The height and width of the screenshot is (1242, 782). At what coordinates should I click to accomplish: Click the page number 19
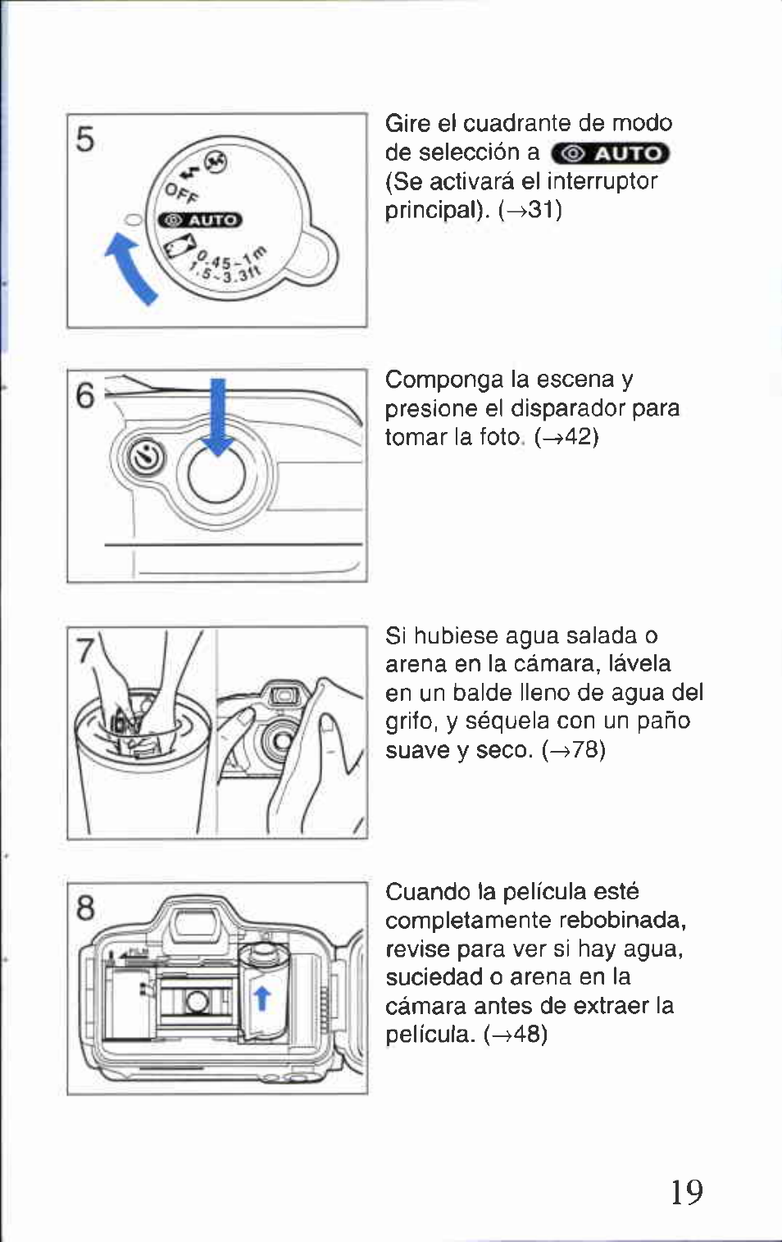click(687, 1191)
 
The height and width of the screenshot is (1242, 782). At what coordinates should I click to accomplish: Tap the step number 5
click(84, 139)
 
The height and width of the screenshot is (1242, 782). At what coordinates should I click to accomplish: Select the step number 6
click(84, 396)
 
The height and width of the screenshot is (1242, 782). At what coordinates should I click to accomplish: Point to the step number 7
click(84, 649)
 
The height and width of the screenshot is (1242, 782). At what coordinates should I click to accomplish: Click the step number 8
click(84, 908)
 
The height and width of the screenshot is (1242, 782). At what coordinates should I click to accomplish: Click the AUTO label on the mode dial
click(200, 221)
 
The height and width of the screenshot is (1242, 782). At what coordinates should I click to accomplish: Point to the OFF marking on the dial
click(181, 193)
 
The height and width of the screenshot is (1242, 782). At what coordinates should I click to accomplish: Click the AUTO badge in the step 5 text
click(610, 153)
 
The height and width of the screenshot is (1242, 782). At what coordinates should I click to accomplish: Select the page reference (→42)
click(566, 438)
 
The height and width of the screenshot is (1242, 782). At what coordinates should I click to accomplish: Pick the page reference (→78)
click(573, 750)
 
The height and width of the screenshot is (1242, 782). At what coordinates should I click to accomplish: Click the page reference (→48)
click(515, 1034)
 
